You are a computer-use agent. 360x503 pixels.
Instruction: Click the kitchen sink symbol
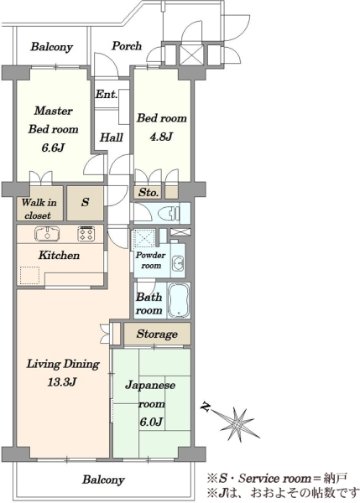tap(47, 233)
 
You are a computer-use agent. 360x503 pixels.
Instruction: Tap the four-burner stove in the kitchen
tap(86, 234)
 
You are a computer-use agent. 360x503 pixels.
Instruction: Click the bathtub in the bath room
tap(179, 300)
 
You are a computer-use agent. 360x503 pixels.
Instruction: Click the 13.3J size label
tap(62, 382)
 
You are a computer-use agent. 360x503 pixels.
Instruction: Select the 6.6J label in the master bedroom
tap(54, 148)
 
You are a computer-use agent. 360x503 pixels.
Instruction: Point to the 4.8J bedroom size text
tap(161, 137)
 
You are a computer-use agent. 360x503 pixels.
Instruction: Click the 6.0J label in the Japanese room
tap(150, 422)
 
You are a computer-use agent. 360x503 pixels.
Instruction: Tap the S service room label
tap(85, 202)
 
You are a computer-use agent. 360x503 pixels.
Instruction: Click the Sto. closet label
tap(149, 193)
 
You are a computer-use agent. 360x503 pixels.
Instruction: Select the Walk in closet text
tap(39, 209)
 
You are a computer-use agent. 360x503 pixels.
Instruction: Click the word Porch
tap(127, 46)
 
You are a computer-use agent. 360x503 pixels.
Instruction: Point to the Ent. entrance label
tap(107, 94)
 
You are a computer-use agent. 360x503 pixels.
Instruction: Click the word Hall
tap(112, 137)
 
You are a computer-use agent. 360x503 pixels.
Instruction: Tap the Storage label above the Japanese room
tap(157, 334)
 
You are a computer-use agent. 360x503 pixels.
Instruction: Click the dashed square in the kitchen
tap(30, 275)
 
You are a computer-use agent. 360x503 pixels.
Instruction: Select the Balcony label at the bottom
tap(103, 480)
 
